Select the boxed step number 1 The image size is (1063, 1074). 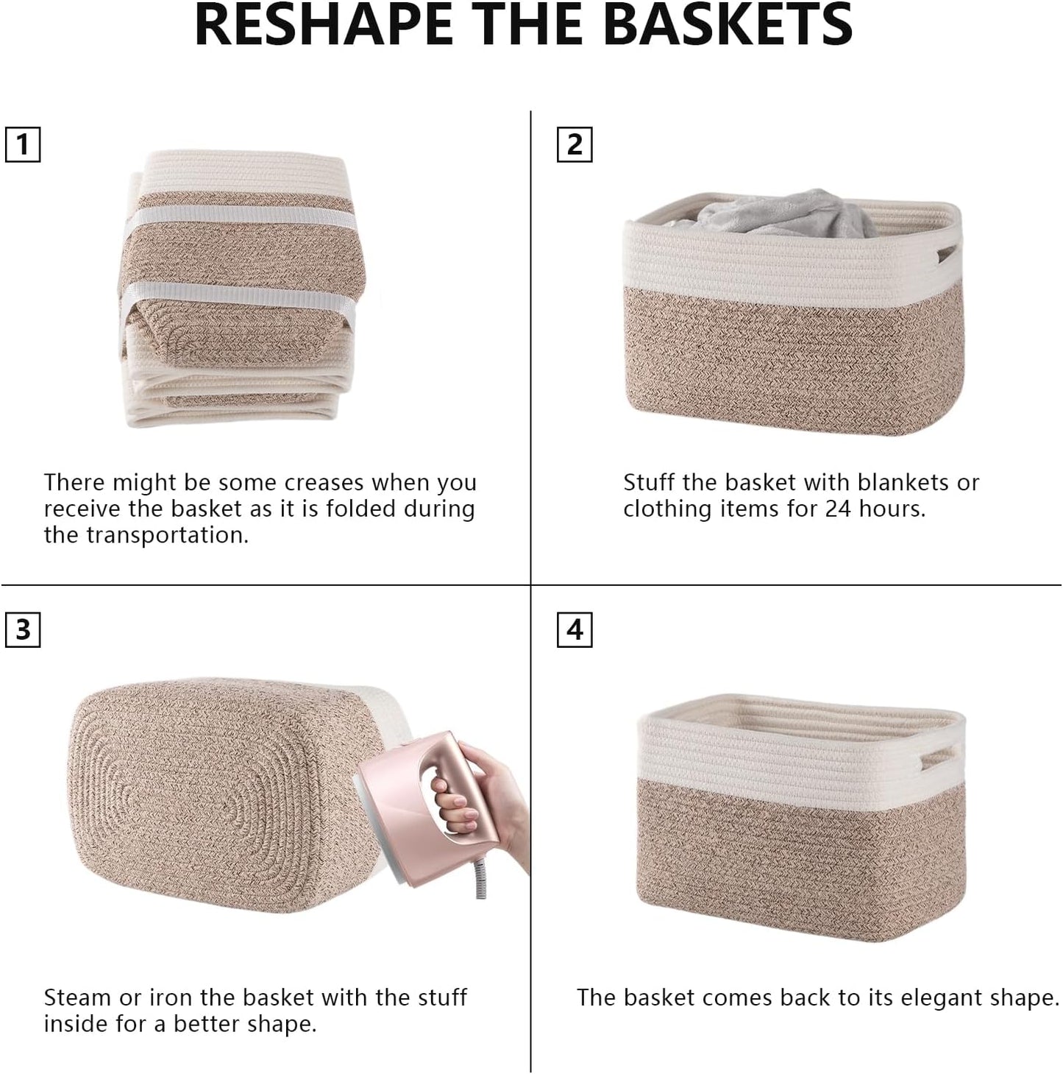(23, 144)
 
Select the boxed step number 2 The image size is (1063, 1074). (575, 144)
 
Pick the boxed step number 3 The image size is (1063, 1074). (23, 630)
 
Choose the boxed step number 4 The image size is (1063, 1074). (575, 630)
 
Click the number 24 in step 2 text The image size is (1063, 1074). (837, 509)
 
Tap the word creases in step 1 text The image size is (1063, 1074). (324, 483)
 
